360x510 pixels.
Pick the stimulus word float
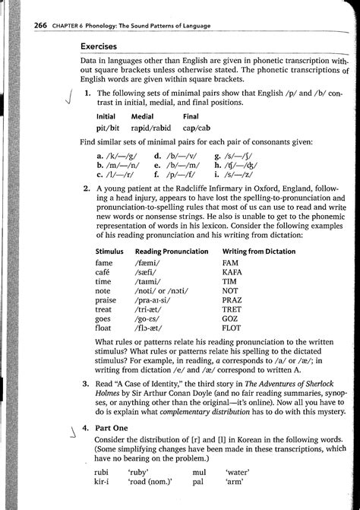click(106, 331)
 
